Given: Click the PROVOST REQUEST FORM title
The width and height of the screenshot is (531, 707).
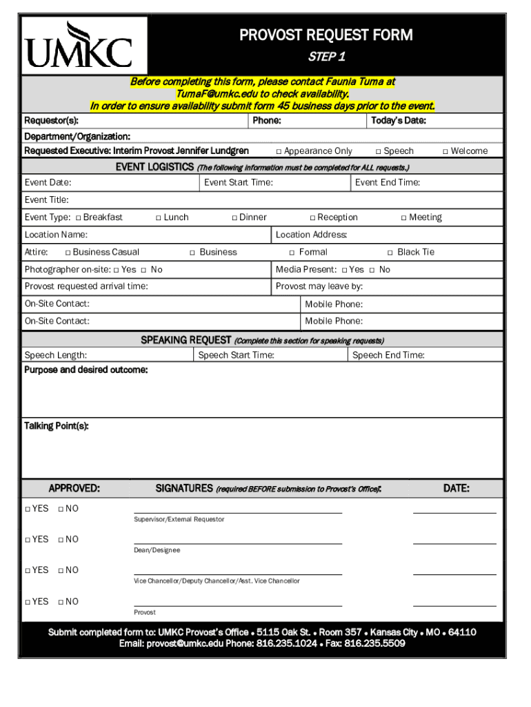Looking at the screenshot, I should (325, 35).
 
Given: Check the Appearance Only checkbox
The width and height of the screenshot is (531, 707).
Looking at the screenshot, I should (279, 151).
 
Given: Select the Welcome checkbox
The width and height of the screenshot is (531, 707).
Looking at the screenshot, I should (445, 151).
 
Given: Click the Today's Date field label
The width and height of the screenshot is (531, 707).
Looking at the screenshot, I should (398, 121).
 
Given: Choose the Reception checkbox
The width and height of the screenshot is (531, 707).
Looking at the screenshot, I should (312, 217).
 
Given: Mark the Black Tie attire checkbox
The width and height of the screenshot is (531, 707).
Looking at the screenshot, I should (390, 253).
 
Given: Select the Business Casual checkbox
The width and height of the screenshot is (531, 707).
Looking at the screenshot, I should (68, 253).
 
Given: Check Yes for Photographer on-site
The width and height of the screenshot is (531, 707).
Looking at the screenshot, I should (116, 270).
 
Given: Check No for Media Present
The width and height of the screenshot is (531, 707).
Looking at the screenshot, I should (372, 270).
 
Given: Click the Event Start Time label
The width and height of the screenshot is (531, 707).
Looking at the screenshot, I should (238, 182).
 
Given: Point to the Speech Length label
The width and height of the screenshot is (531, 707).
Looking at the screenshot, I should (56, 355).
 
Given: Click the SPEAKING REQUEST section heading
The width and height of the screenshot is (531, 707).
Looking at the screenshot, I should (186, 340).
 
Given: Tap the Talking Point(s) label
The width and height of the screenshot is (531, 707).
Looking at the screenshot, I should (57, 426).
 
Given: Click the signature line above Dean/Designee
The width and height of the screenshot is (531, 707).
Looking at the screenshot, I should (237, 543).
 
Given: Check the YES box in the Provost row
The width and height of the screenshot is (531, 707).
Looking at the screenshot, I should (28, 601).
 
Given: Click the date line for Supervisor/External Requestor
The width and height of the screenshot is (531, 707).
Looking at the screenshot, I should (454, 512).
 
